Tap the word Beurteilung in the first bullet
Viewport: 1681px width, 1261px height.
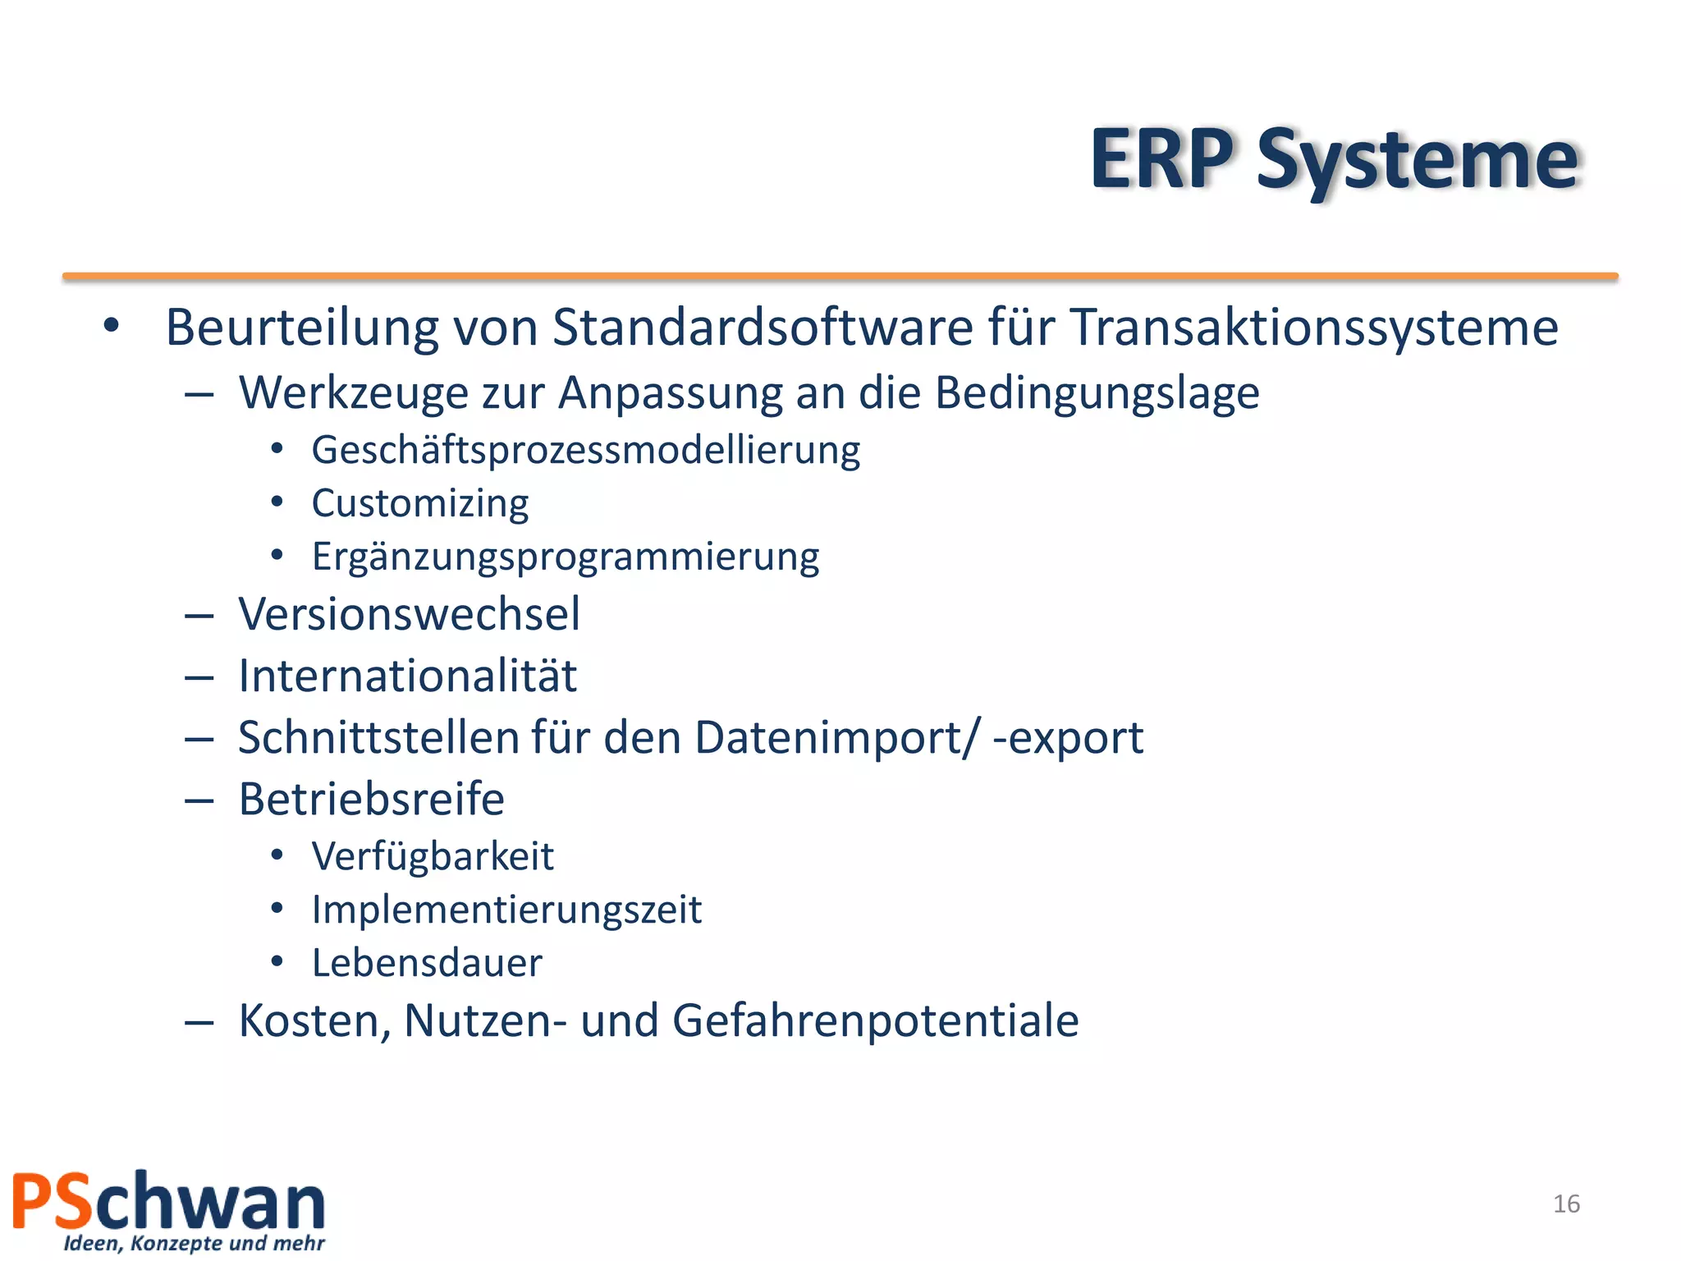click(x=302, y=328)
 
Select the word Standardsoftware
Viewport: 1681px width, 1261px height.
click(x=763, y=328)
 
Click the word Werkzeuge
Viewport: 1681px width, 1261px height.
click(x=353, y=393)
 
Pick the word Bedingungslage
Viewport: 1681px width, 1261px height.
click(x=1097, y=393)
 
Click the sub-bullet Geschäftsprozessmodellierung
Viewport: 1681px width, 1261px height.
click(x=585, y=451)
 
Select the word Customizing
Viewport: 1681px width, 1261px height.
click(x=420, y=504)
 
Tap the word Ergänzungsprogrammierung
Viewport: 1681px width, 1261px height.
click(x=566, y=557)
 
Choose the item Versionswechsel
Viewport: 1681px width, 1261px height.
click(x=409, y=614)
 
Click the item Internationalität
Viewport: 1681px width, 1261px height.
click(x=407, y=676)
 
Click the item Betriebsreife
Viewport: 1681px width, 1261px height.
click(x=371, y=799)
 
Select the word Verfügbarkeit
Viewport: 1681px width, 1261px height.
click(x=433, y=856)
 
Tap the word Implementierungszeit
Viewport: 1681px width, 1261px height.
click(x=506, y=910)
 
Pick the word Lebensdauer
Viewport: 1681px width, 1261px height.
click(x=427, y=963)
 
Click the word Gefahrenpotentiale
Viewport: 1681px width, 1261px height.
click(x=875, y=1020)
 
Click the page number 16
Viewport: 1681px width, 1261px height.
click(x=1566, y=1204)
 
